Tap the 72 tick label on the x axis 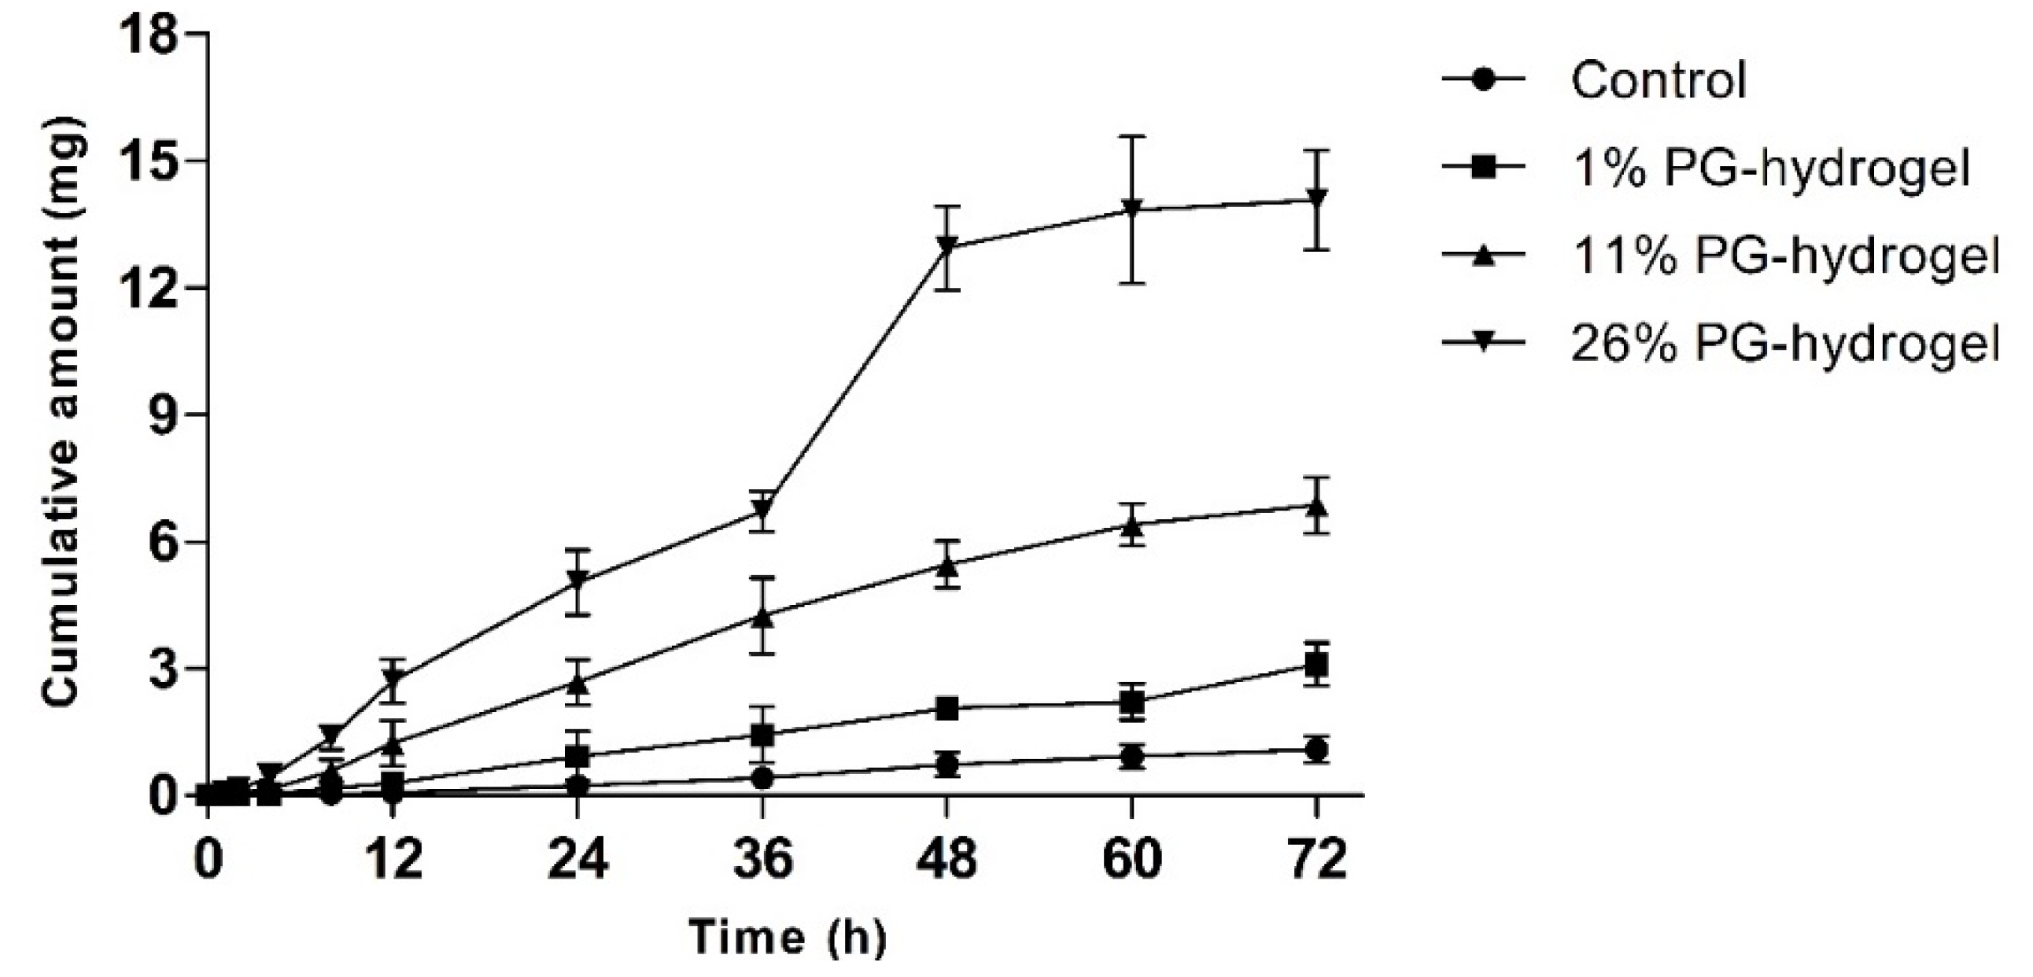coord(1315,860)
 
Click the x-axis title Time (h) coord(788,938)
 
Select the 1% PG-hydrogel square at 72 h coord(1315,666)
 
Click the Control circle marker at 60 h coord(1131,756)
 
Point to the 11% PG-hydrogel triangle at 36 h coord(762,617)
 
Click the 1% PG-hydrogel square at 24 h coord(577,756)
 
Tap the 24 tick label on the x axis coord(577,860)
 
